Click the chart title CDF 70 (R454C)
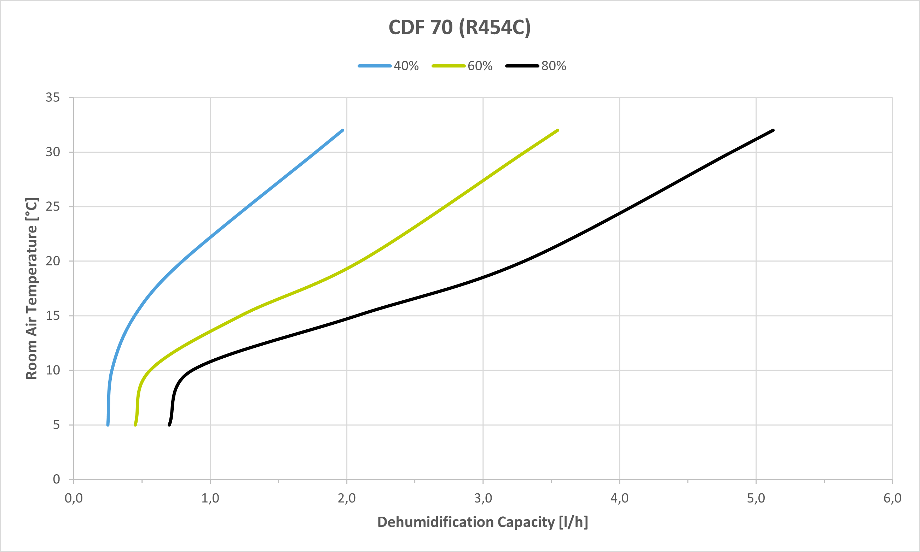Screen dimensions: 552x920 [459, 28]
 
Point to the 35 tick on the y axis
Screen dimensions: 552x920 [53, 98]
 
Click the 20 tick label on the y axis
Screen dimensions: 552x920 [53, 261]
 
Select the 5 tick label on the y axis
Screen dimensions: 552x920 [56, 425]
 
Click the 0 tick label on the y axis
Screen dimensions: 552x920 [56, 479]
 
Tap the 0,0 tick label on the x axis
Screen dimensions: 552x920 [74, 498]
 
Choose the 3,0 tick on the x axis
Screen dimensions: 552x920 [483, 498]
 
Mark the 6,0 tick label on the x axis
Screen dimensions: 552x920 [892, 498]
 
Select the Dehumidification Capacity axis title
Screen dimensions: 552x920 [482, 522]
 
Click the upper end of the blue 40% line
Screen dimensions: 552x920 [342, 130]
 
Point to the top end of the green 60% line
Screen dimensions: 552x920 [558, 130]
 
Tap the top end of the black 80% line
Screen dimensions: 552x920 [773, 130]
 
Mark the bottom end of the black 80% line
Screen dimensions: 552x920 [169, 424]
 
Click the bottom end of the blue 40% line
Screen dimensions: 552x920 [108, 424]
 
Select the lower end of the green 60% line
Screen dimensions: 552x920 [135, 424]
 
